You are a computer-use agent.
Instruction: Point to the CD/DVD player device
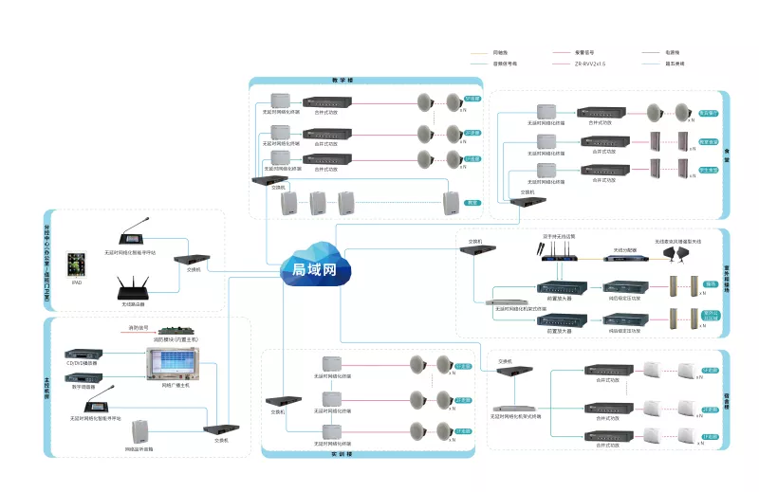point(83,353)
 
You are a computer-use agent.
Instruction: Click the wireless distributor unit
point(623,254)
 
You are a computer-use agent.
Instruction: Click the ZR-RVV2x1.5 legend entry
point(590,63)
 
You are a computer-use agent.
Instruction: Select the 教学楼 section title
point(342,81)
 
